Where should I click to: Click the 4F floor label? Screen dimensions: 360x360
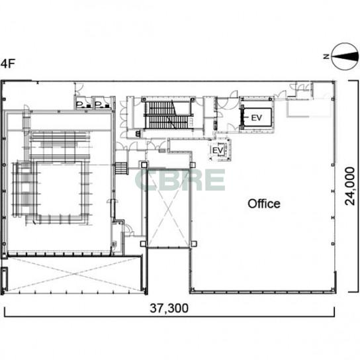coord(7,64)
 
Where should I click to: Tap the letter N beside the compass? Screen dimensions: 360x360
coord(326,56)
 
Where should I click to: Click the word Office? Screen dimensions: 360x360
coord(264,204)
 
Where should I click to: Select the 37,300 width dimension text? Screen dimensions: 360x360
coord(169,308)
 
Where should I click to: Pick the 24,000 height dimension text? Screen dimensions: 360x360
coord(350,186)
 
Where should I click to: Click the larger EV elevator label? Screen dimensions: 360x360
coord(257,118)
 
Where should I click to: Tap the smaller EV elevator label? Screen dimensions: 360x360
coord(218,151)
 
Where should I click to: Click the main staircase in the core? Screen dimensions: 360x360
coord(168,115)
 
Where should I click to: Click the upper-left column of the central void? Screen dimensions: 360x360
coord(144,165)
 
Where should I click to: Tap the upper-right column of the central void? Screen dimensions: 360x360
coord(193,164)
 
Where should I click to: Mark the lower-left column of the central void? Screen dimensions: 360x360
coord(143,244)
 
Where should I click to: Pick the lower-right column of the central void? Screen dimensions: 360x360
coord(193,244)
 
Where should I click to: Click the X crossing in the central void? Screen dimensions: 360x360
coord(168,208)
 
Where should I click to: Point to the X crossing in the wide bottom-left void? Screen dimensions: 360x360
coord(75,274)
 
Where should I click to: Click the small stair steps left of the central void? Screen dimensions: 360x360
coord(120,169)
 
